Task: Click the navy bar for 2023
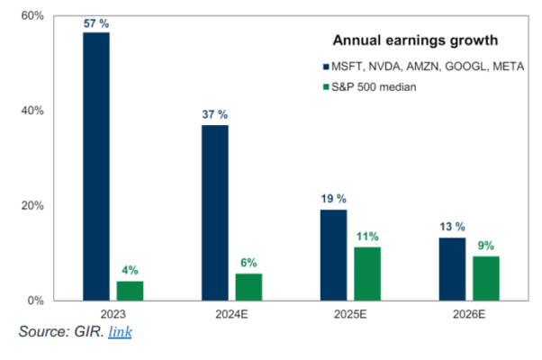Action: pyautogui.click(x=96, y=166)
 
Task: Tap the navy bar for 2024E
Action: pyautogui.click(x=215, y=212)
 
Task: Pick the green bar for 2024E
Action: pyautogui.click(x=249, y=286)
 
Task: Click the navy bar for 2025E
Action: pyautogui.click(x=333, y=255)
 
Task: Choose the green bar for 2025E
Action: pyautogui.click(x=367, y=274)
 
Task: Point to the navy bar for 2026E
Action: pyautogui.click(x=452, y=268)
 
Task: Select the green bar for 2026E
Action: pyautogui.click(x=485, y=278)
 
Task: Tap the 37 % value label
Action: pyautogui.click(x=215, y=115)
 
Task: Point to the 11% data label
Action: pyautogui.click(x=367, y=237)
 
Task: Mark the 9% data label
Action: pyautogui.click(x=486, y=246)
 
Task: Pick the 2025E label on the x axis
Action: pyautogui.click(x=350, y=315)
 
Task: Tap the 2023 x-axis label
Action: pyautogui.click(x=113, y=315)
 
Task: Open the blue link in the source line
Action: pyautogui.click(x=120, y=332)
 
